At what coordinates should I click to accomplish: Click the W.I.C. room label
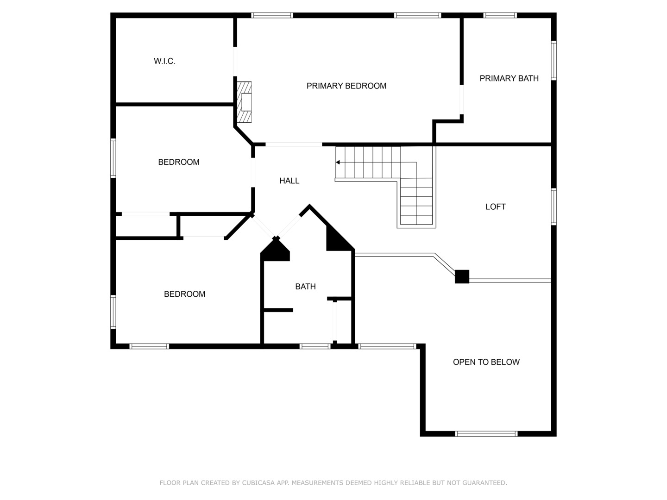[164, 61]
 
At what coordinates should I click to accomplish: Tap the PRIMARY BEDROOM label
[346, 86]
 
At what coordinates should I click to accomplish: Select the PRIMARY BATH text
[509, 78]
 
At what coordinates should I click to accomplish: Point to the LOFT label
[495, 207]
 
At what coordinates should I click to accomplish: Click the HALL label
[289, 181]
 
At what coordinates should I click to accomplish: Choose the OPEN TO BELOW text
[486, 362]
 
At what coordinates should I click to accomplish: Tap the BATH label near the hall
[305, 286]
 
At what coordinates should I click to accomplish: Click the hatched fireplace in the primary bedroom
[244, 102]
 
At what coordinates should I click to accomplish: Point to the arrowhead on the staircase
[338, 162]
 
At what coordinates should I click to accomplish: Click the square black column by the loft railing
[462, 276]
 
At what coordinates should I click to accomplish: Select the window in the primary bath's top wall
[500, 15]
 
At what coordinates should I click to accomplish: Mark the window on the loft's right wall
[554, 207]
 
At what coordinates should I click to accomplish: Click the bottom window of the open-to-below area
[486, 434]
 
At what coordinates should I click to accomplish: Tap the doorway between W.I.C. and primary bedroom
[235, 62]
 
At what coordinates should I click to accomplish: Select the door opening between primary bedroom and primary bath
[462, 100]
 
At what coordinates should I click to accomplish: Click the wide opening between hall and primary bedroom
[294, 144]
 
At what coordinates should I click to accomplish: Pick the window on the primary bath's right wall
[554, 60]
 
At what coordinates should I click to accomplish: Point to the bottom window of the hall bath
[315, 346]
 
